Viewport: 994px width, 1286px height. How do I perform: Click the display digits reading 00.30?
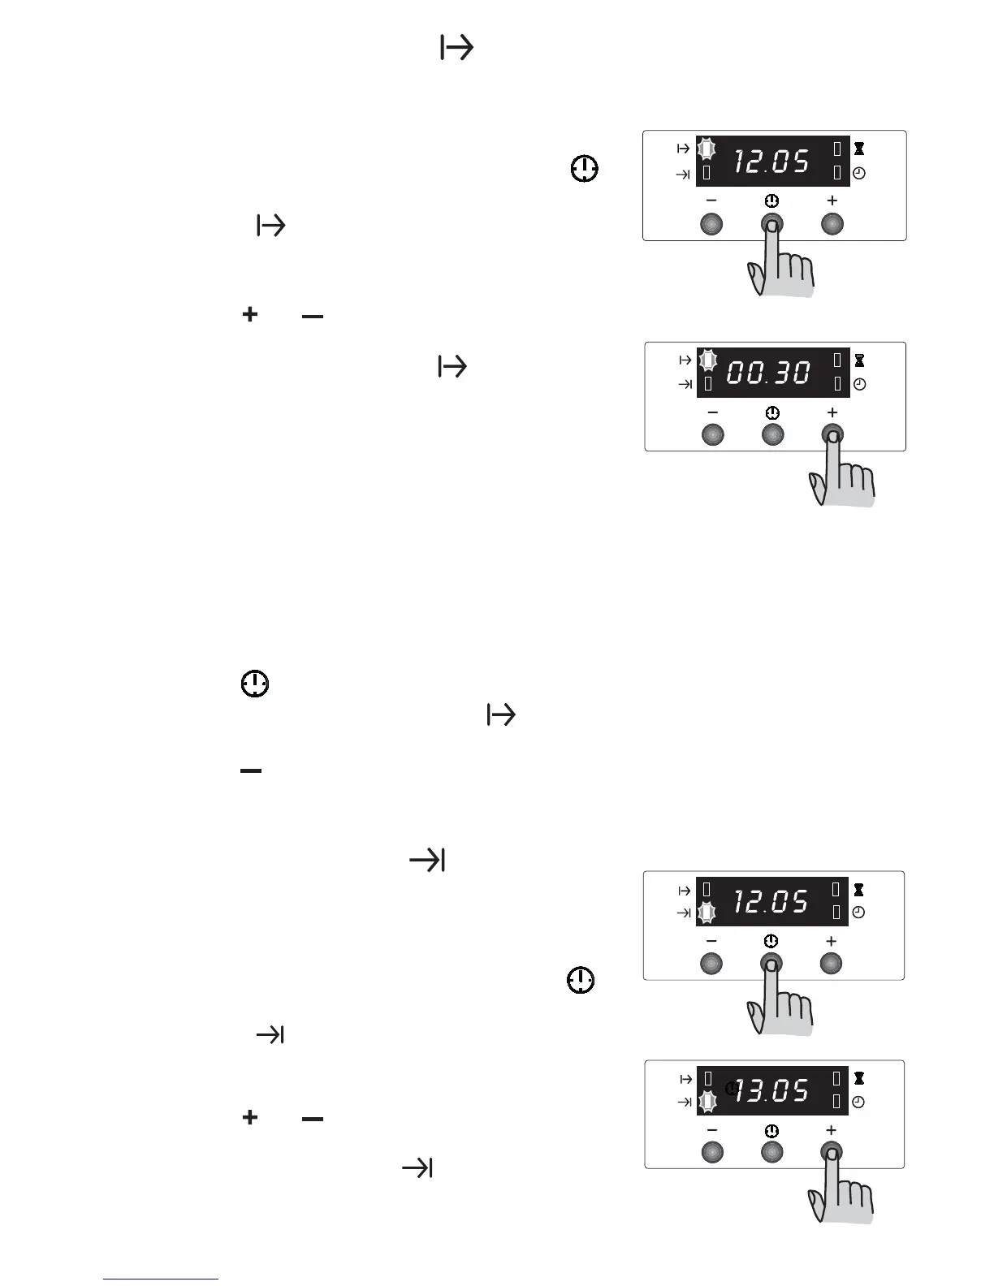(x=768, y=373)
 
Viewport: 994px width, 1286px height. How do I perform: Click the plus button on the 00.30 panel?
(x=832, y=435)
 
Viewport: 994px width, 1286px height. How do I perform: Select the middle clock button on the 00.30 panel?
(x=772, y=435)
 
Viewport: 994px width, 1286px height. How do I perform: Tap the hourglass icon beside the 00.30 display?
(x=859, y=360)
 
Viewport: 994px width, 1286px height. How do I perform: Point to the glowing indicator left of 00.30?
(x=707, y=360)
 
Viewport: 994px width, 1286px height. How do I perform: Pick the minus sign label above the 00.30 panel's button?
(x=712, y=413)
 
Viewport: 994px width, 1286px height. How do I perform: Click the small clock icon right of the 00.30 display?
(x=859, y=384)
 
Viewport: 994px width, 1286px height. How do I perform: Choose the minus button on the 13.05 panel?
(x=711, y=1152)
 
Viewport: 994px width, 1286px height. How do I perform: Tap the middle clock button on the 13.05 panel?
(x=771, y=1152)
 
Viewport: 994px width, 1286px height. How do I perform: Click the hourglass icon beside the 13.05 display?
(x=858, y=1078)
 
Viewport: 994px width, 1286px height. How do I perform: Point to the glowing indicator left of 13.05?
(x=707, y=1102)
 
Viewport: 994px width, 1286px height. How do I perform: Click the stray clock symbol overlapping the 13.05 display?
(x=732, y=1088)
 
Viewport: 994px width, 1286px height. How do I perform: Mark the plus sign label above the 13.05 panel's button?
(x=831, y=1130)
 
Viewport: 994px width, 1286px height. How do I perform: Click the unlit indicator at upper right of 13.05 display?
(x=836, y=1078)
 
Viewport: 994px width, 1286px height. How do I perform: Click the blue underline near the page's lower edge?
(x=161, y=1279)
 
